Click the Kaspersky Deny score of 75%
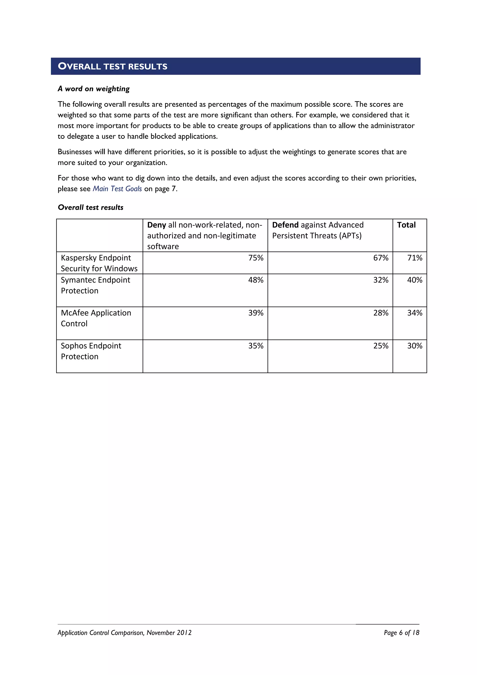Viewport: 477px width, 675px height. (256, 258)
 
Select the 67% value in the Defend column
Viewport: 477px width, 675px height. (381, 258)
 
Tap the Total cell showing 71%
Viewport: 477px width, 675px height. (414, 258)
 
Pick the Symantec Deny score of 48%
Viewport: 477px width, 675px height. (256, 280)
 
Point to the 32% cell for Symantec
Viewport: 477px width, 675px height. (381, 280)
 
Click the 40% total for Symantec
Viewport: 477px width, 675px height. (414, 280)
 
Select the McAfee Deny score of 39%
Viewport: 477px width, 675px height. (256, 313)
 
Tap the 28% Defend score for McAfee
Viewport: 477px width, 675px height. (381, 313)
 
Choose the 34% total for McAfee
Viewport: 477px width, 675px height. (414, 313)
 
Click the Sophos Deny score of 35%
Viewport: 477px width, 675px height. (256, 346)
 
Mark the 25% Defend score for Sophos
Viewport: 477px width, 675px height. (381, 346)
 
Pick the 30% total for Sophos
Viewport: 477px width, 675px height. (414, 346)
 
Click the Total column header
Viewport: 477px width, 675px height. (406, 225)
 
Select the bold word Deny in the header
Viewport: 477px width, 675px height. (157, 225)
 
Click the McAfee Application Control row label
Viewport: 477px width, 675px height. (96, 318)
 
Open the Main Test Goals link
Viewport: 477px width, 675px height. (117, 189)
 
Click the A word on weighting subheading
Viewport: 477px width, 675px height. (93, 89)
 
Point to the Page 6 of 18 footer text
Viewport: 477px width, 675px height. (401, 633)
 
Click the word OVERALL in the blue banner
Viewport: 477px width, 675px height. (79, 66)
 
